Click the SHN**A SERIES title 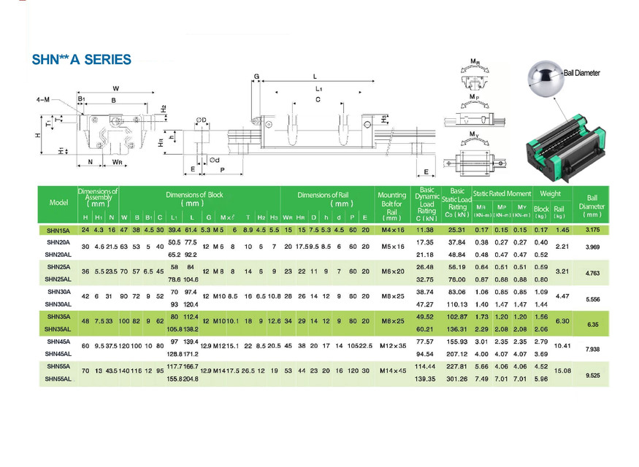pyautogui.click(x=82, y=60)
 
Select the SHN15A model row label pyautogui.click(x=58, y=230)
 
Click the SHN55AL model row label pyautogui.click(x=59, y=379)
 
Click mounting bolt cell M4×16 pyautogui.click(x=392, y=230)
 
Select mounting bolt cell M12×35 pyautogui.click(x=392, y=346)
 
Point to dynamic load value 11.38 pyautogui.click(x=425, y=230)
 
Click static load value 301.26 pyautogui.click(x=457, y=379)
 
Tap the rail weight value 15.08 pyautogui.click(x=562, y=371)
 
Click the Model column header pyautogui.click(x=58, y=203)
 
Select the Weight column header pyautogui.click(x=550, y=194)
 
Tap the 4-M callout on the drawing pyautogui.click(x=42, y=99)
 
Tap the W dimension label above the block pyautogui.click(x=115, y=89)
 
